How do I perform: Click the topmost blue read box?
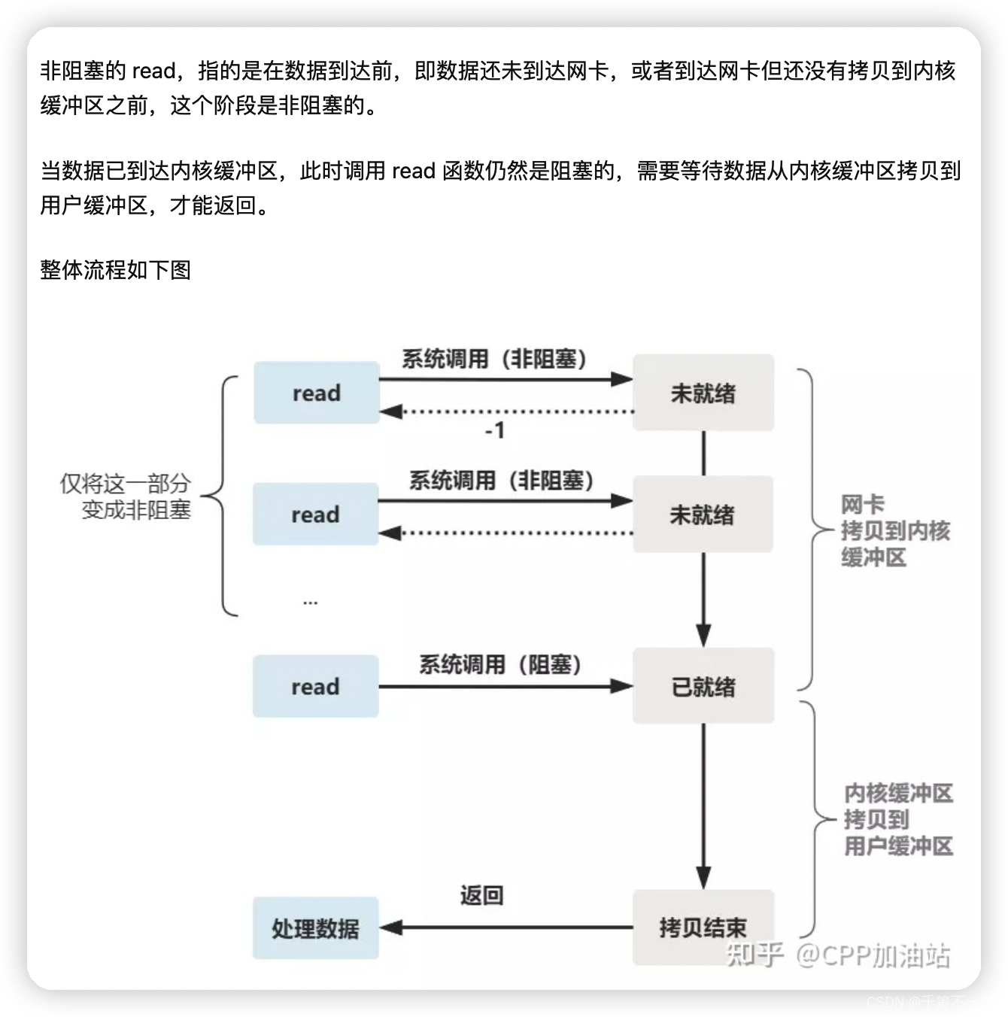(316, 393)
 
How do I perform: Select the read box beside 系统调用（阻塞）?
(315, 686)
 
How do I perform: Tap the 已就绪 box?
(703, 686)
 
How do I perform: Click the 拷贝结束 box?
(703, 927)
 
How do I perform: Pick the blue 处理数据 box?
(315, 928)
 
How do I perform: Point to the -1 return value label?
(494, 431)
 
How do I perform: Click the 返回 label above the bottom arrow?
(481, 895)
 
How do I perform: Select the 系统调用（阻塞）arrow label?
(500, 665)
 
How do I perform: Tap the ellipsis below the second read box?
(310, 601)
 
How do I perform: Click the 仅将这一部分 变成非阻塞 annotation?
(126, 496)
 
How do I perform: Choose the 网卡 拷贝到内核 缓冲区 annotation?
(894, 530)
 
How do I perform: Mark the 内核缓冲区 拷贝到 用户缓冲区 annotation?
(898, 819)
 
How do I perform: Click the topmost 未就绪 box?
(703, 393)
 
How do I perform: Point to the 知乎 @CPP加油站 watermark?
(838, 955)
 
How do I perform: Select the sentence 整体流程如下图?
(116, 269)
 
